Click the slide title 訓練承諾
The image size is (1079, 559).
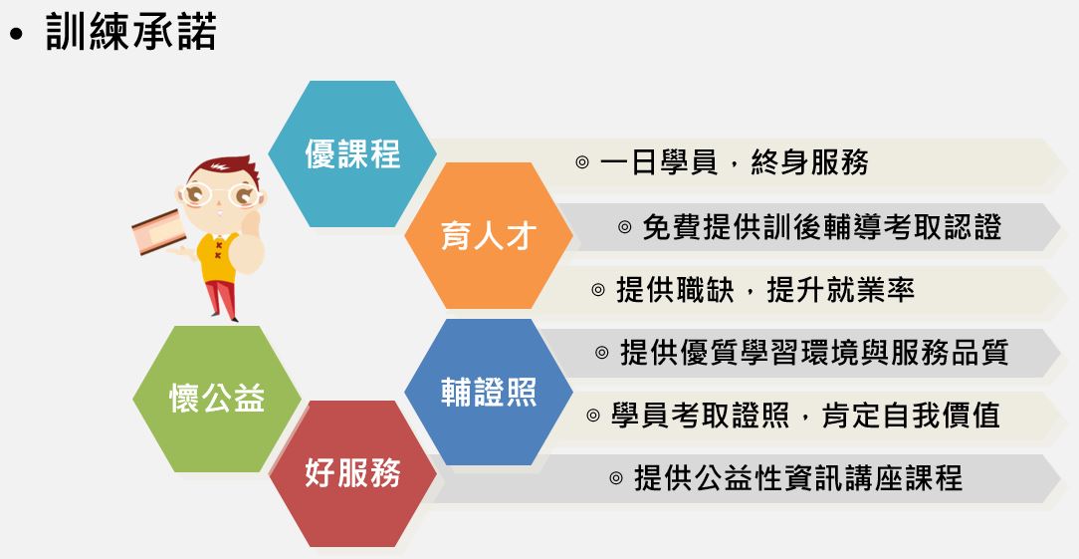(130, 32)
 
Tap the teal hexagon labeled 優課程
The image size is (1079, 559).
(352, 153)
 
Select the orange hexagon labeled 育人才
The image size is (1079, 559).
(489, 236)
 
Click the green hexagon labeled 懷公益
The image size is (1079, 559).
(217, 400)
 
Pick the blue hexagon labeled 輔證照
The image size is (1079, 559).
(489, 392)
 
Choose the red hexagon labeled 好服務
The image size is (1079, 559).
(352, 473)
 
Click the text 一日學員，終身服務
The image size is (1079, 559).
(735, 162)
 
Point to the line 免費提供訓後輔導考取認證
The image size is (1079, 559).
(821, 227)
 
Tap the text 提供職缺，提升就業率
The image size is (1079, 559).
(764, 290)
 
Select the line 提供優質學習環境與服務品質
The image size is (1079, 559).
(814, 352)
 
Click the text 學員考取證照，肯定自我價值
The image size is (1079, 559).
(805, 415)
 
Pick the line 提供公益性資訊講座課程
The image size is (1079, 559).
(798, 477)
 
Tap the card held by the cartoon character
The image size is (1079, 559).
(159, 232)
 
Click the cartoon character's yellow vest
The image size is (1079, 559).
(216, 255)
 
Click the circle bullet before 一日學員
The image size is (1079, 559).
(582, 163)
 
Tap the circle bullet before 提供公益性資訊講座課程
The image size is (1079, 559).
(616, 478)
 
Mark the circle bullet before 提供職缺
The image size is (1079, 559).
(598, 290)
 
